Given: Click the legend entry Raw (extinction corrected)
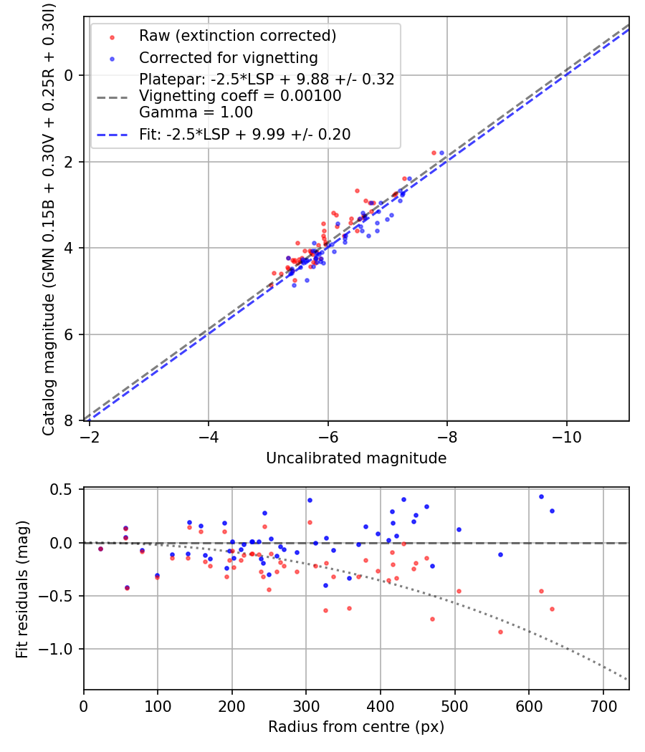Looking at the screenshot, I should coord(237,36).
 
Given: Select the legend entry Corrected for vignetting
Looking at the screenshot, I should coord(228,57).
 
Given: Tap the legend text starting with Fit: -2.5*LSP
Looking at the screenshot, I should coord(244,134).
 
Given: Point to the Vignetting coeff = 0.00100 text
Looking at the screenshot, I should coord(240,96).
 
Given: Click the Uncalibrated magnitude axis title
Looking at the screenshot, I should coord(356,458).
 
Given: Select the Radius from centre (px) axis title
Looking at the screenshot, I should coord(356,727).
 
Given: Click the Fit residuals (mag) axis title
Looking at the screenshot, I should coord(22,589).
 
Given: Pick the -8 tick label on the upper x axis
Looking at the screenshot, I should coord(447,435).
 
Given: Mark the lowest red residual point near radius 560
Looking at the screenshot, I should coord(500,632).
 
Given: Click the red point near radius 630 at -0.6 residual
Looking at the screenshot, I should coord(552,609).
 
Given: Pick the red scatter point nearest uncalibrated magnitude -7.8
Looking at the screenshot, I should coord(434,153).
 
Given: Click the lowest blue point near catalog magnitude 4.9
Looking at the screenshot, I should coord(294,285).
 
